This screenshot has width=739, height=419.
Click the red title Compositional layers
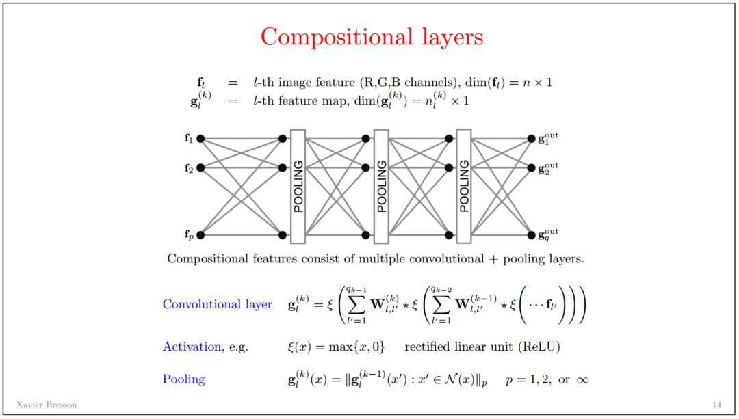(x=372, y=37)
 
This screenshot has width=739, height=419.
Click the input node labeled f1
(x=200, y=138)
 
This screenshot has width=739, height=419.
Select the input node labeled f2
(x=200, y=167)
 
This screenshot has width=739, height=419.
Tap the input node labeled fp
(x=200, y=235)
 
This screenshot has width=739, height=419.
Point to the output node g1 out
(x=532, y=138)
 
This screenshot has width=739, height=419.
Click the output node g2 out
(x=532, y=167)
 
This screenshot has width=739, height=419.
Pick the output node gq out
(x=532, y=235)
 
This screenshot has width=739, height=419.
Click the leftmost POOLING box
(x=298, y=186)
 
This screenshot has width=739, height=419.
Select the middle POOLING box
(x=381, y=186)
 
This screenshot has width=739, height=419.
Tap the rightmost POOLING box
(x=464, y=186)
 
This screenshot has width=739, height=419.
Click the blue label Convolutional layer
(x=217, y=304)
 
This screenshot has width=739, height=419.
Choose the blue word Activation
(x=192, y=347)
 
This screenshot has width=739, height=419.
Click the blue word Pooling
(x=183, y=379)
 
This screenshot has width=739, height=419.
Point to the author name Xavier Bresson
(x=47, y=405)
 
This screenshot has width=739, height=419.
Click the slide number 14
(x=716, y=405)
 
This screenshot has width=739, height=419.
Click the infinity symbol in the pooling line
(x=582, y=379)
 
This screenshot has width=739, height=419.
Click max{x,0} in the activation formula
(x=354, y=347)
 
